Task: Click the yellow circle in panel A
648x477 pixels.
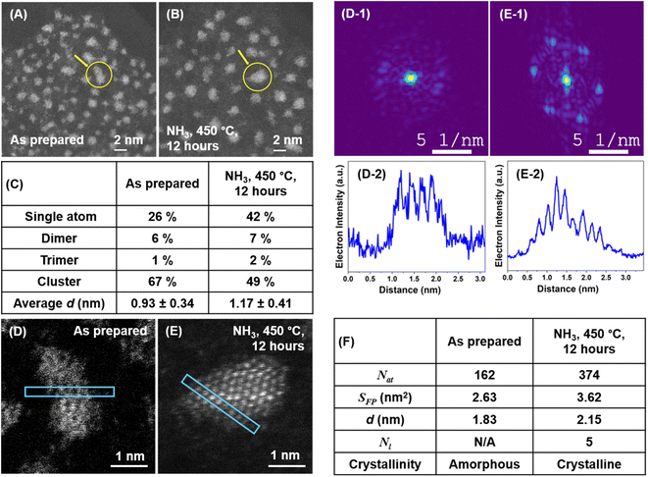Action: (x=98, y=75)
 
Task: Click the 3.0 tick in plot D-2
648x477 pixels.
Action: (x=476, y=279)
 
